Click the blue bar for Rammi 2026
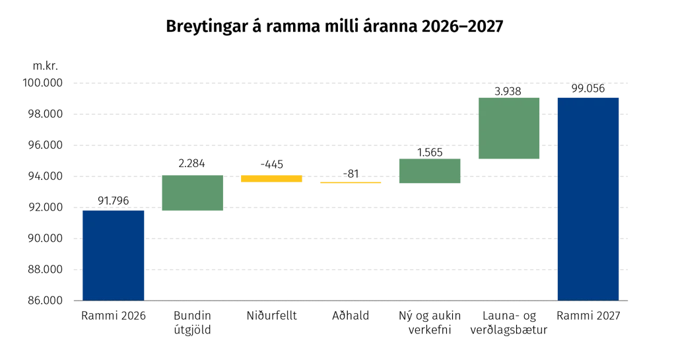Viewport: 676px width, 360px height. point(114,255)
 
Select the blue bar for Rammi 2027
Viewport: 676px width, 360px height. point(588,199)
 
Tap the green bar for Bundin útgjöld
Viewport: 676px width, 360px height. point(192,193)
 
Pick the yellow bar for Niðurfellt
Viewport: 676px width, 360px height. point(271,178)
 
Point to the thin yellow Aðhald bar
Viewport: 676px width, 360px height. point(351,183)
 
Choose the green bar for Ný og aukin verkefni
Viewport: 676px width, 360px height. point(430,170)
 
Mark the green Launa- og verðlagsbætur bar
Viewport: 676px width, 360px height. point(509,128)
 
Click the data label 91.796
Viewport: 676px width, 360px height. point(114,201)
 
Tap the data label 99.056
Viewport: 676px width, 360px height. point(588,89)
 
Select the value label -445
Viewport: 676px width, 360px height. point(271,164)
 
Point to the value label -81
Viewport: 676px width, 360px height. point(351,173)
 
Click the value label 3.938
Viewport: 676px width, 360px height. point(508,91)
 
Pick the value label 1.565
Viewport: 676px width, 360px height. point(430,152)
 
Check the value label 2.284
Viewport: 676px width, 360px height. point(192,163)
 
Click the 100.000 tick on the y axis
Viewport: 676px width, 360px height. point(43,83)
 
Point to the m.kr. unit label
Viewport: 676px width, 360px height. point(46,66)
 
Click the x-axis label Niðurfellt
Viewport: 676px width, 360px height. point(271,316)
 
